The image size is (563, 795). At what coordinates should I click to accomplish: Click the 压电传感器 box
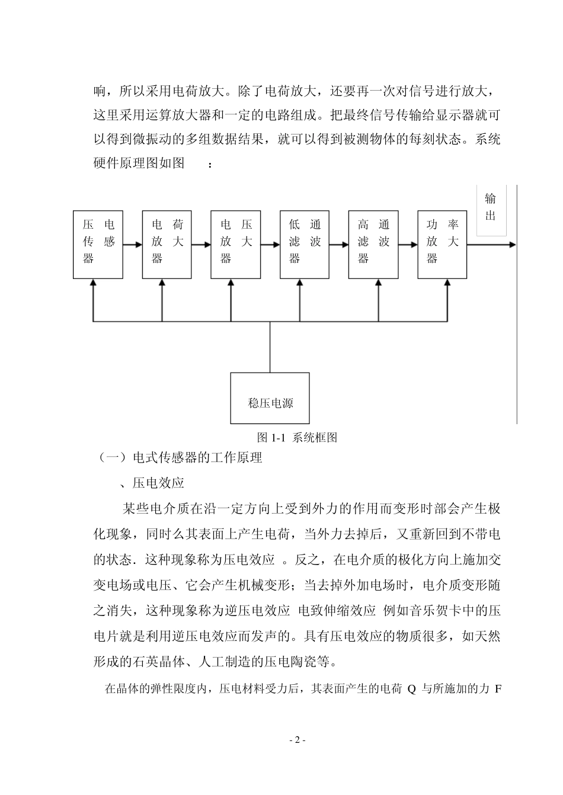pos(98,243)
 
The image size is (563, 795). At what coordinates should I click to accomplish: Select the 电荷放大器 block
pos(167,243)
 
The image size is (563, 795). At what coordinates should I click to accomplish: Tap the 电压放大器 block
pos(236,243)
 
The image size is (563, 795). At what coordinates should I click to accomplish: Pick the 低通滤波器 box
pos(305,243)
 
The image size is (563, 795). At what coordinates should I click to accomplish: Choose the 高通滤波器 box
pos(373,243)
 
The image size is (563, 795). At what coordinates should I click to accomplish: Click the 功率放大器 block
pos(442,243)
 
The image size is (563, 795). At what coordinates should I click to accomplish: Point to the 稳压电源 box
pos(270,397)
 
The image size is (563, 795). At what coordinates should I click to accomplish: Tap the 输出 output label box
pos(491,209)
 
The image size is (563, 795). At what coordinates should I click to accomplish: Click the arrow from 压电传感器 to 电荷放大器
pos(132,243)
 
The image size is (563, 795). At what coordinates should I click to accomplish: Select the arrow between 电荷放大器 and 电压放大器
pos(201,243)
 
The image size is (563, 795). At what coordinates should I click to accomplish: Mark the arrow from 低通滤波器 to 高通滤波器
pos(339,243)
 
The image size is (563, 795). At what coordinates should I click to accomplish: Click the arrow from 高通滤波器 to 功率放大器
pos(408,243)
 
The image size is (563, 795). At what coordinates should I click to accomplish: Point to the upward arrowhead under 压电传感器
pos(93,284)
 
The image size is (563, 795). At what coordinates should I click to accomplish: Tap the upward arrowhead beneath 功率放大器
pos(447,284)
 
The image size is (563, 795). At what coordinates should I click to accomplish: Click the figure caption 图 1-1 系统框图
pos(298,438)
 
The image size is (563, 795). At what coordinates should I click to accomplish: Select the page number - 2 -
pos(297,740)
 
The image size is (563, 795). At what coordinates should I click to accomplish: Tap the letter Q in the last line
pos(412,690)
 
